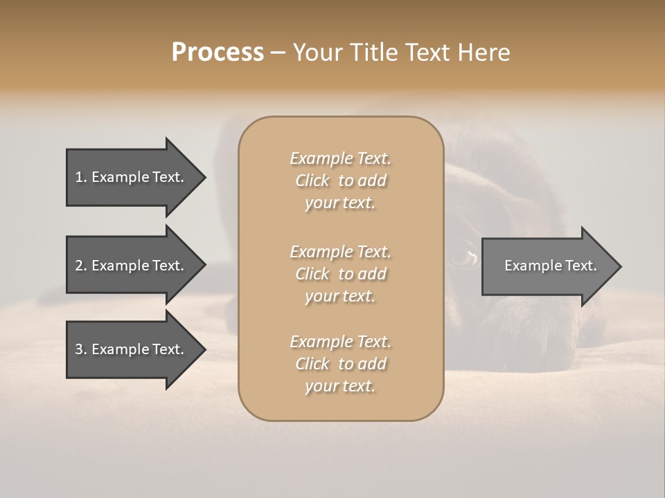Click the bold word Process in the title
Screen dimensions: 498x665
pyautogui.click(x=218, y=53)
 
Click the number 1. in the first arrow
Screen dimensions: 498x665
pyautogui.click(x=81, y=177)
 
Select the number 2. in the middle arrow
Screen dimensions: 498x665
pyautogui.click(x=81, y=266)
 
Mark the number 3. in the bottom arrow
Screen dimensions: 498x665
pyautogui.click(x=81, y=349)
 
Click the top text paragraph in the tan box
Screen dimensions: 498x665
pyautogui.click(x=340, y=181)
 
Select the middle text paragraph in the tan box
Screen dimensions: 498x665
pyautogui.click(x=340, y=274)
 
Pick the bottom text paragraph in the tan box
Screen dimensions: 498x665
pyautogui.click(x=340, y=364)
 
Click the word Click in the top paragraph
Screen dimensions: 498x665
pyautogui.click(x=312, y=181)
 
